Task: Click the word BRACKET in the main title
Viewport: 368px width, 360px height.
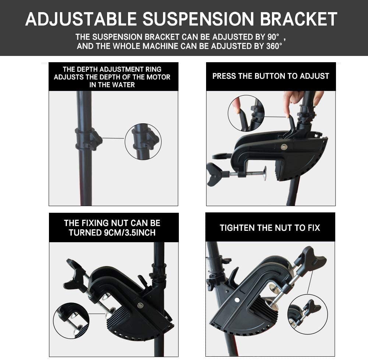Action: [298, 19]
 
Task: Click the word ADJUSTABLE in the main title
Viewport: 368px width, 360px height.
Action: [81, 19]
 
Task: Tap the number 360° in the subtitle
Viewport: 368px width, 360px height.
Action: [274, 46]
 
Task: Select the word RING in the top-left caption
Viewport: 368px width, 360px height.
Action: [153, 70]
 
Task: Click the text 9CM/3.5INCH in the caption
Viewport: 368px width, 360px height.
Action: [129, 233]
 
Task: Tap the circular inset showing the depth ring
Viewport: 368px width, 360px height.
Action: [143, 142]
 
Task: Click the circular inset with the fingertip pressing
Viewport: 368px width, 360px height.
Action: [246, 113]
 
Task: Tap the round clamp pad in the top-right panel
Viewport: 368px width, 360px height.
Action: [265, 173]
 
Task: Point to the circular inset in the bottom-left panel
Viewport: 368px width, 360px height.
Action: [71, 321]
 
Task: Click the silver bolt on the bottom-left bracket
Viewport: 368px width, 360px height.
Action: [140, 305]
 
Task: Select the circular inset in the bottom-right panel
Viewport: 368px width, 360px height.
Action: [307, 314]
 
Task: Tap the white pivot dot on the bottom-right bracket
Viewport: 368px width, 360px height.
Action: [237, 300]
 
